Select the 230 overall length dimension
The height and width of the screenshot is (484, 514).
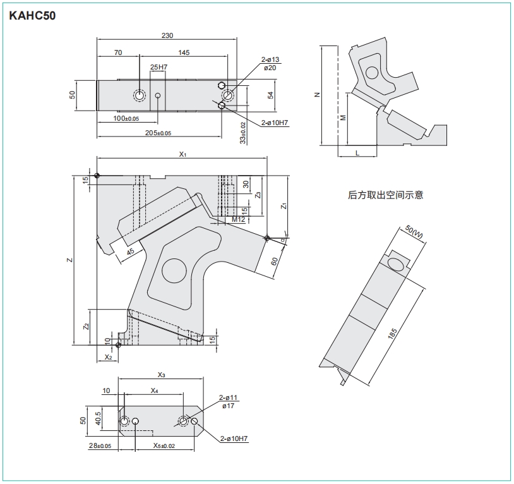click(167, 35)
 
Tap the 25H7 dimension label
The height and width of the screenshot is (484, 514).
click(158, 67)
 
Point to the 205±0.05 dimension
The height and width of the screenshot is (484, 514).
click(158, 133)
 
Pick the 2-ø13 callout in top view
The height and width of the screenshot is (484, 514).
click(270, 59)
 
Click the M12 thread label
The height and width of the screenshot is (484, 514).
click(237, 219)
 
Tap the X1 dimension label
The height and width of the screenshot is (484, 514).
click(183, 154)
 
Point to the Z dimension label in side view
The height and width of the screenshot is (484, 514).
click(71, 260)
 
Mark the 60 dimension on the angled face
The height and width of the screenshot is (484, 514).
click(274, 262)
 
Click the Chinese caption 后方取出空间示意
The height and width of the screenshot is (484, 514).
click(386, 195)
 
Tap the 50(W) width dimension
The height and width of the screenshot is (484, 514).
click(415, 231)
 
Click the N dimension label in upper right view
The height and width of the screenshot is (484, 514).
click(318, 95)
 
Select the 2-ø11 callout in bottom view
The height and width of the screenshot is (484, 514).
click(227, 398)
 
